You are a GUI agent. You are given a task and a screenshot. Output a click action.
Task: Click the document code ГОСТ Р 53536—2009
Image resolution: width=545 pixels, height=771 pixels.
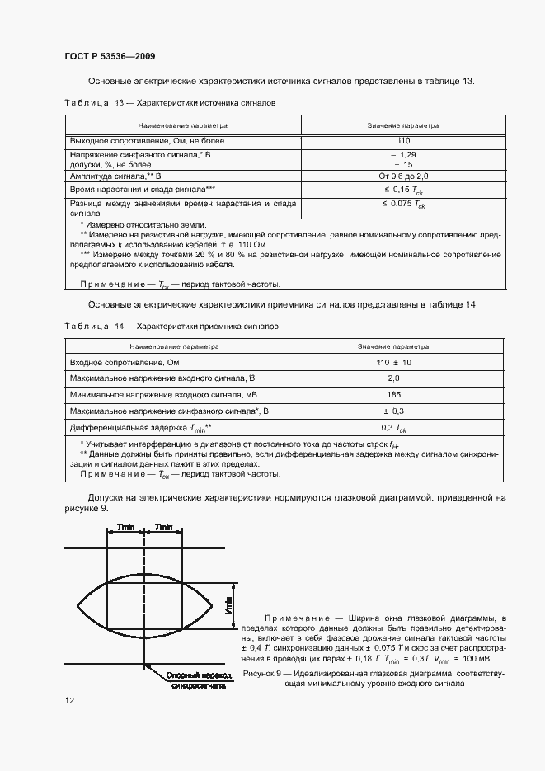(x=110, y=56)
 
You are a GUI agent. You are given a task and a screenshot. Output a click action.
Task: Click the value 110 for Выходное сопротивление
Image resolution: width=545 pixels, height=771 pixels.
(x=403, y=141)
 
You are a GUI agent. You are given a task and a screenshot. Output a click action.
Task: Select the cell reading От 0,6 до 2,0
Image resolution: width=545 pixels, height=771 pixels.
(x=403, y=176)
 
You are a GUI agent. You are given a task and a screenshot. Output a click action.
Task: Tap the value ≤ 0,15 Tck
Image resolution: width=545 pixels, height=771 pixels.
(x=403, y=190)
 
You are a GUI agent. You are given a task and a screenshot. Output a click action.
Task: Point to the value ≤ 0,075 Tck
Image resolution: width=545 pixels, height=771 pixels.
(x=403, y=203)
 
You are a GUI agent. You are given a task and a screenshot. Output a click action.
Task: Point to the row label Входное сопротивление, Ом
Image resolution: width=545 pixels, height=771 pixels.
(x=125, y=363)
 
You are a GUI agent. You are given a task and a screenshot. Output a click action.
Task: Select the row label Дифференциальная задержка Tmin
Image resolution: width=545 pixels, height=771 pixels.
(x=141, y=428)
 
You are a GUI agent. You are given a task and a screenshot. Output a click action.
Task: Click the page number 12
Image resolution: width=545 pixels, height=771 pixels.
(x=69, y=701)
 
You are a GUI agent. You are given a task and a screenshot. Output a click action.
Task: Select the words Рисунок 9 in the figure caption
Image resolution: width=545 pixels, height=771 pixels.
(x=263, y=674)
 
